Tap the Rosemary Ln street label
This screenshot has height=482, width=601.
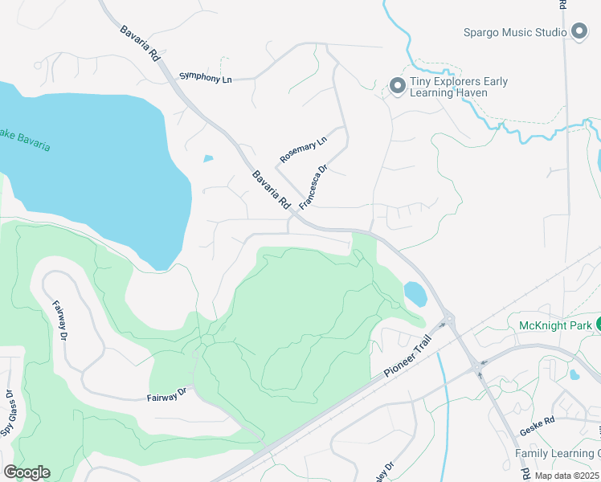pyautogui.click(x=304, y=149)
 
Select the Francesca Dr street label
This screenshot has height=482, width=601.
pyautogui.click(x=314, y=188)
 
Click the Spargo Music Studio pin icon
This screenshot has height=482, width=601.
pyautogui.click(x=580, y=32)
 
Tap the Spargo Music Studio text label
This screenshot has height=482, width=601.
pyautogui.click(x=516, y=33)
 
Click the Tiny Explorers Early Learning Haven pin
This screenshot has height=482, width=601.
pyautogui.click(x=396, y=86)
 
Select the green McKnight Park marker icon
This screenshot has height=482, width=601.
pyautogui.click(x=598, y=325)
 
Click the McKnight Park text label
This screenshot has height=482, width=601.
pyautogui.click(x=554, y=325)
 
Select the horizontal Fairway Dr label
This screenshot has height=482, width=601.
pyautogui.click(x=166, y=394)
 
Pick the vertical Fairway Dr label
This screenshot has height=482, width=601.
pyautogui.click(x=59, y=320)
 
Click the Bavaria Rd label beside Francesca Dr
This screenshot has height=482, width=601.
pyautogui.click(x=271, y=190)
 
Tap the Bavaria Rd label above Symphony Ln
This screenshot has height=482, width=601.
pyautogui.click(x=140, y=45)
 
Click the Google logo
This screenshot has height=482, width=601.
pyautogui.click(x=27, y=472)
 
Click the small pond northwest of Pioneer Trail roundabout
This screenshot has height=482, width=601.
pyautogui.click(x=415, y=294)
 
